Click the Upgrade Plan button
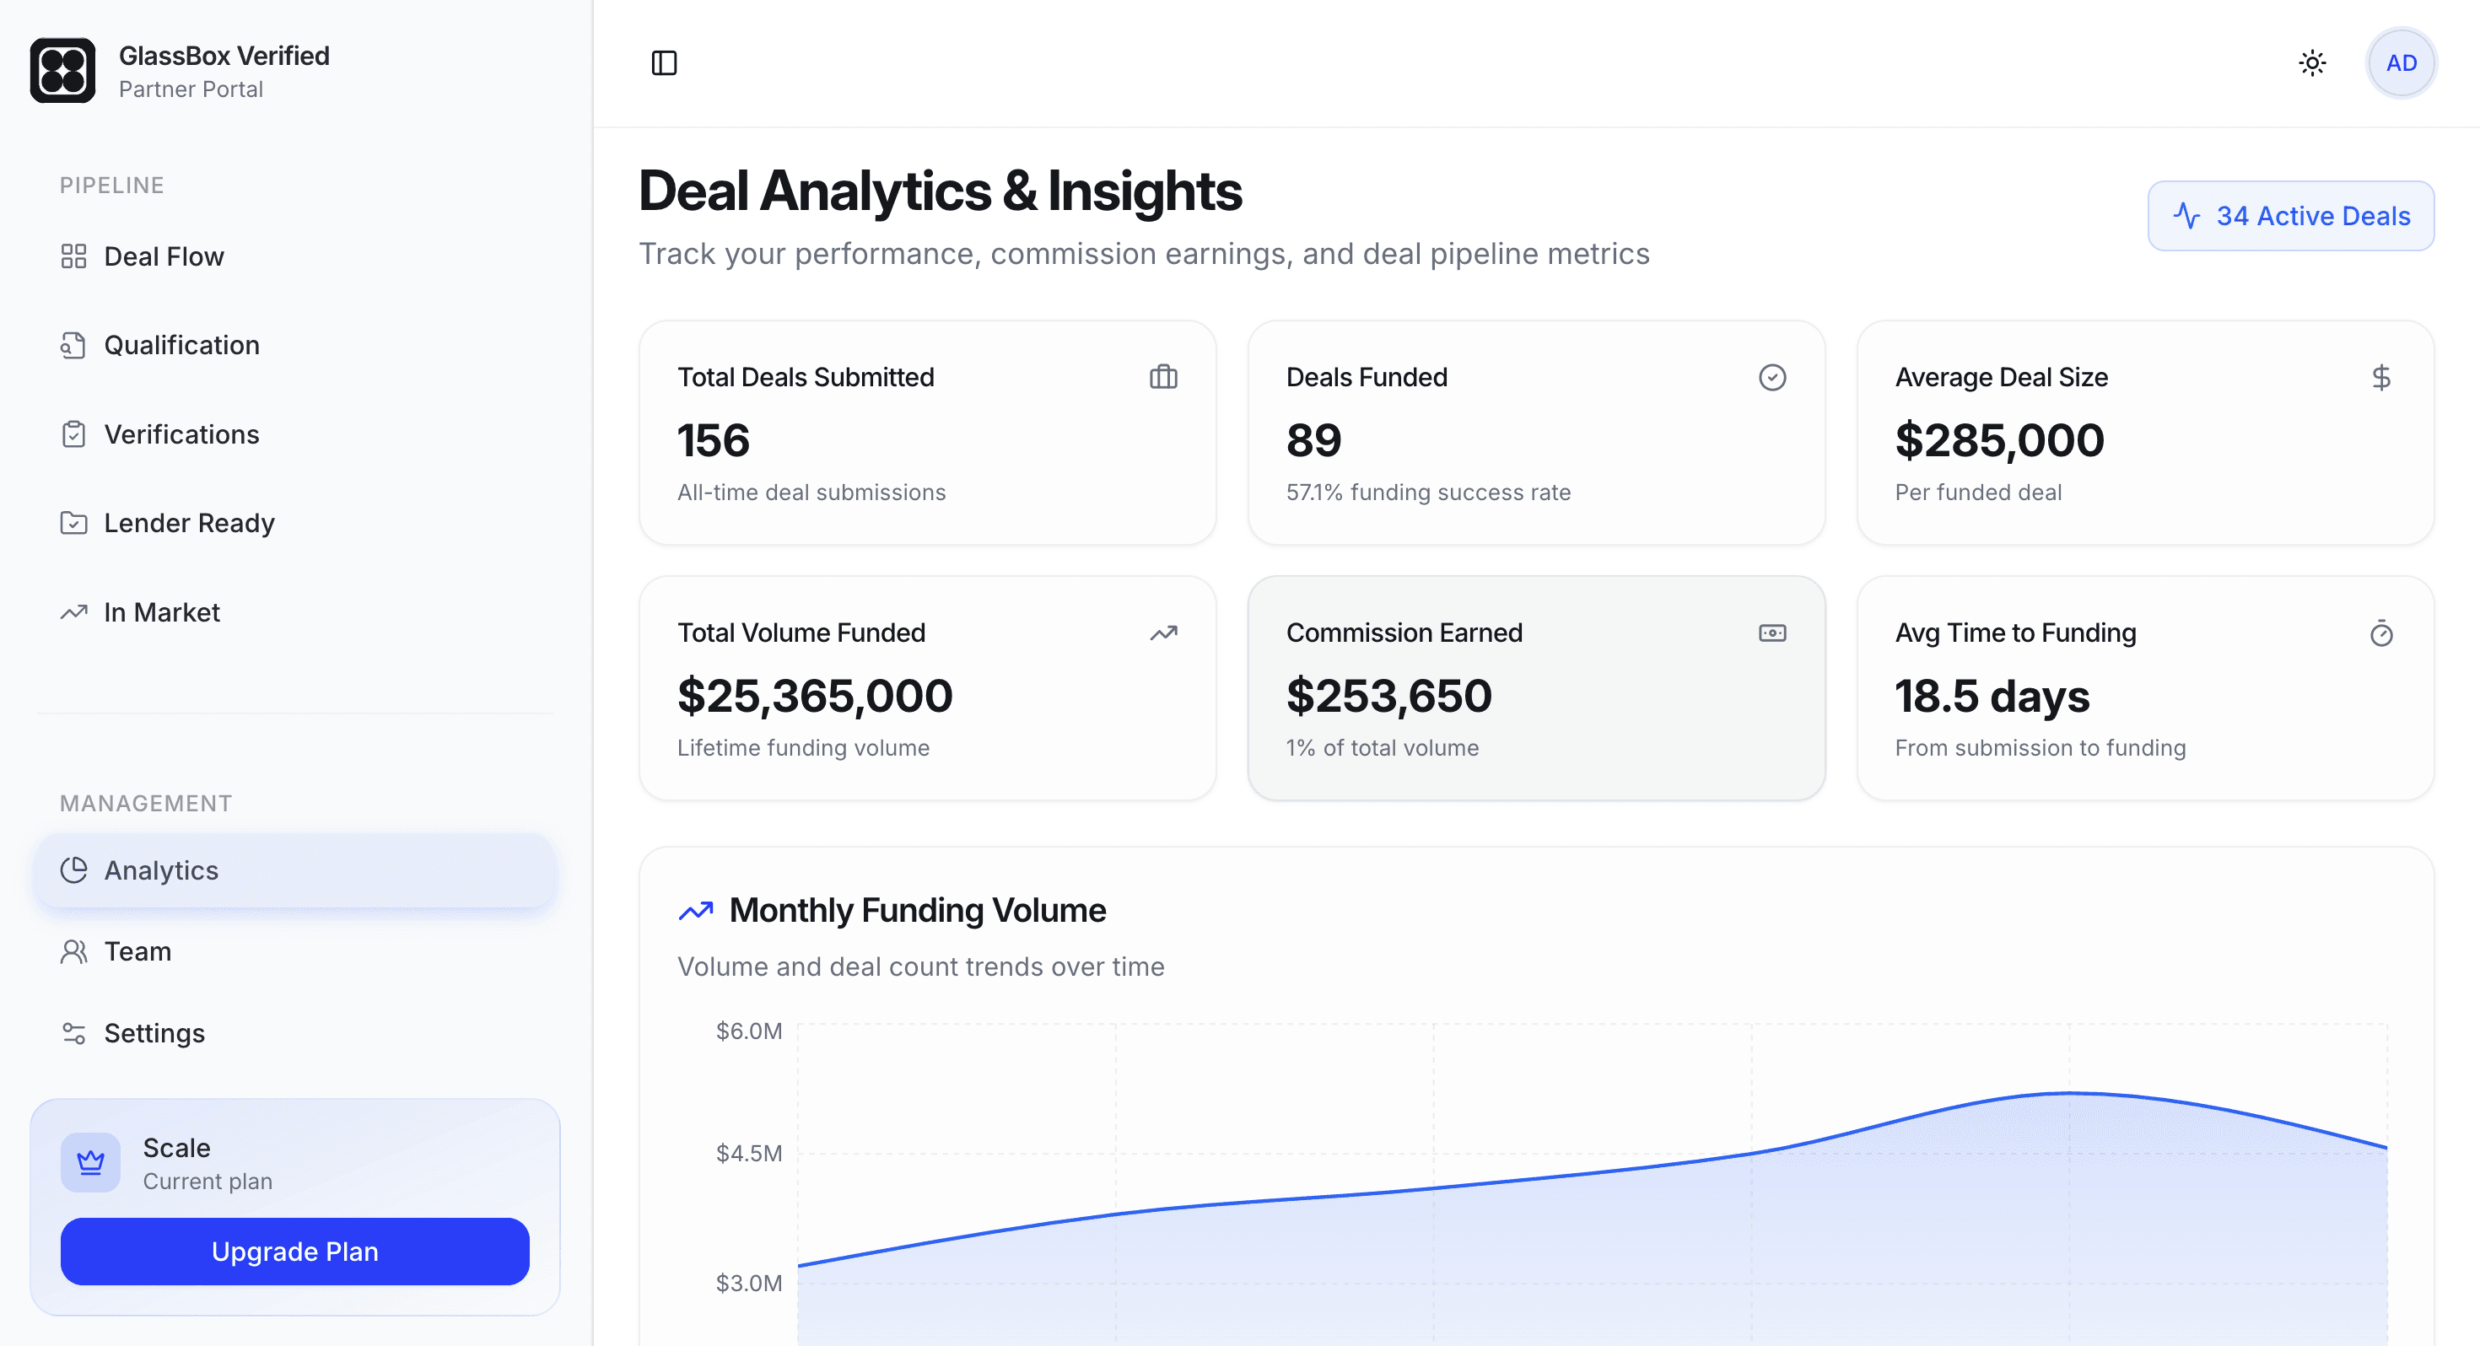point(294,1251)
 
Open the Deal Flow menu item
point(164,256)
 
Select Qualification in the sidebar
point(181,345)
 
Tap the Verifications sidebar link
point(181,434)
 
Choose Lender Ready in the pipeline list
point(189,523)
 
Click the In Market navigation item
point(162,612)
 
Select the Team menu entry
point(137,951)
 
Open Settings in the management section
point(154,1033)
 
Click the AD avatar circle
point(2400,63)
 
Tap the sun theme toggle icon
point(2311,63)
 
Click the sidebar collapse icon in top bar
point(665,63)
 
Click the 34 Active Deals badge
point(2290,216)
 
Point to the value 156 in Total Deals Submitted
point(714,440)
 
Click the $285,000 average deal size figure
point(1998,440)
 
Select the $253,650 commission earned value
point(1388,695)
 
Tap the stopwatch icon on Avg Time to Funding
point(2380,633)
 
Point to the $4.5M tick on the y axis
point(749,1153)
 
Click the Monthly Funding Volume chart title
point(917,910)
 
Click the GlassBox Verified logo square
point(62,70)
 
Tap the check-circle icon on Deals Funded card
point(1771,378)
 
